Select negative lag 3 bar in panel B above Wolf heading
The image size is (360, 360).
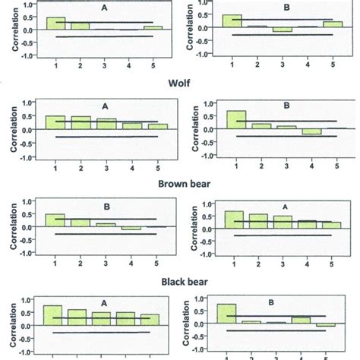coord(283,30)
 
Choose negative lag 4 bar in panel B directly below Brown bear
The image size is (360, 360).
coord(131,229)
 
